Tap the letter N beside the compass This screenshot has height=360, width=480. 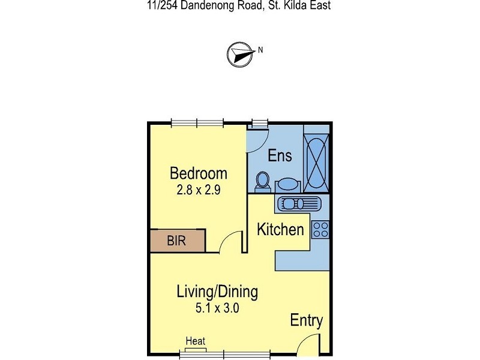pyautogui.click(x=260, y=50)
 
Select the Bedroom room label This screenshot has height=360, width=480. pyautogui.click(x=199, y=174)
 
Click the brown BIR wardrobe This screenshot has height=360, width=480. pyautogui.click(x=178, y=241)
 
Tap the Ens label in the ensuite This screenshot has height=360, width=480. pyautogui.click(x=280, y=155)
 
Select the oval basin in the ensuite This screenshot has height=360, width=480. pyautogui.click(x=287, y=185)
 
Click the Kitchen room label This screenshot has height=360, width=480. pyautogui.click(x=280, y=229)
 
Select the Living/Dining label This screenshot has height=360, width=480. pyautogui.click(x=217, y=292)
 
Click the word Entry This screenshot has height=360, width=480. pyautogui.click(x=307, y=320)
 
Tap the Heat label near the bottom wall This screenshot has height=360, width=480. pyautogui.click(x=195, y=341)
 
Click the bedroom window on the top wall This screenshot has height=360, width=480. pyautogui.click(x=197, y=124)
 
